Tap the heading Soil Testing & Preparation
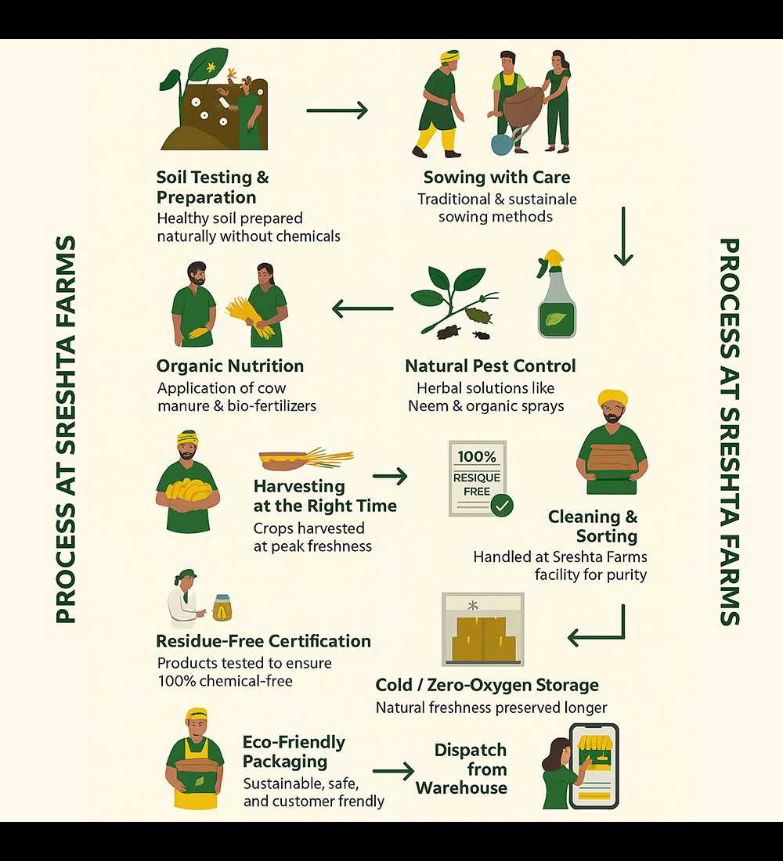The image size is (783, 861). click(x=212, y=188)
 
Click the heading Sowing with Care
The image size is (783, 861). click(x=496, y=177)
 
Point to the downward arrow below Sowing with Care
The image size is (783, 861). click(x=623, y=236)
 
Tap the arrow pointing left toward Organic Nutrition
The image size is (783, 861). click(x=363, y=308)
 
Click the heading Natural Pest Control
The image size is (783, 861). click(x=490, y=366)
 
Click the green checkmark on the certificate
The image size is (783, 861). click(x=502, y=506)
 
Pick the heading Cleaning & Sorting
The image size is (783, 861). click(x=593, y=526)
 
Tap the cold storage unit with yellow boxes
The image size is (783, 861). click(x=483, y=629)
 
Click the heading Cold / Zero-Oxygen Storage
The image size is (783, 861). click(x=487, y=685)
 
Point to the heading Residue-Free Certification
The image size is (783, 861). click(x=263, y=641)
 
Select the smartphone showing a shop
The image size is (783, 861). click(x=594, y=766)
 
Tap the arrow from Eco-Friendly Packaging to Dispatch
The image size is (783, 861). click(x=393, y=771)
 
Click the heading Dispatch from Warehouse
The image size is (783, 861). click(x=464, y=769)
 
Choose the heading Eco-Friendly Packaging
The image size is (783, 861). click(x=294, y=751)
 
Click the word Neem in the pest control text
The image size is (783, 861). click(x=427, y=406)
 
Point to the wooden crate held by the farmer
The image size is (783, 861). click(x=611, y=457)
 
